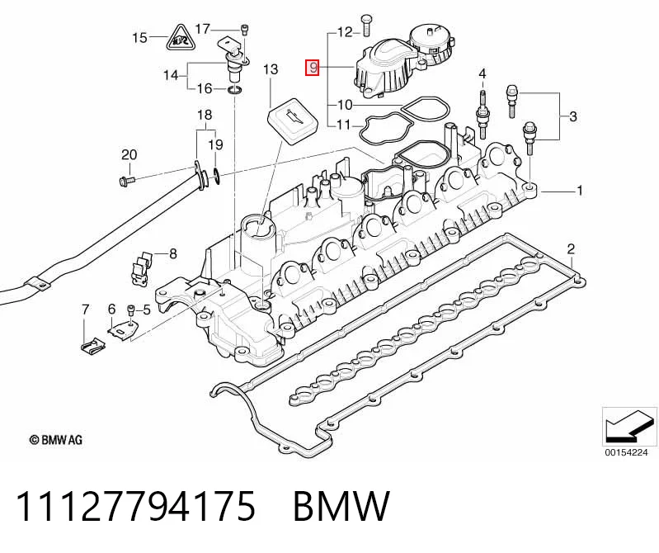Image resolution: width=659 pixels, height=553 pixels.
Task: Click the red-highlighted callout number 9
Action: [x=313, y=69]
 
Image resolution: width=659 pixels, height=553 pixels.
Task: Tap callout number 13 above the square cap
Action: [x=271, y=69]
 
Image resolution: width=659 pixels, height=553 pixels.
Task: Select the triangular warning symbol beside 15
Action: [x=180, y=38]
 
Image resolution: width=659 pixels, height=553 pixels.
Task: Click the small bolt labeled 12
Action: [x=365, y=26]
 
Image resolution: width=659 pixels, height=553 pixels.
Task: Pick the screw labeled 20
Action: [x=125, y=181]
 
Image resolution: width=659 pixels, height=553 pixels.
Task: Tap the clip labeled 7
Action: [x=92, y=345]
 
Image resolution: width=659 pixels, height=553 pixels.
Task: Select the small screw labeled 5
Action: [x=130, y=311]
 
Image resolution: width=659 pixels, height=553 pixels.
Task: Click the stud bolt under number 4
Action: [x=482, y=114]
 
